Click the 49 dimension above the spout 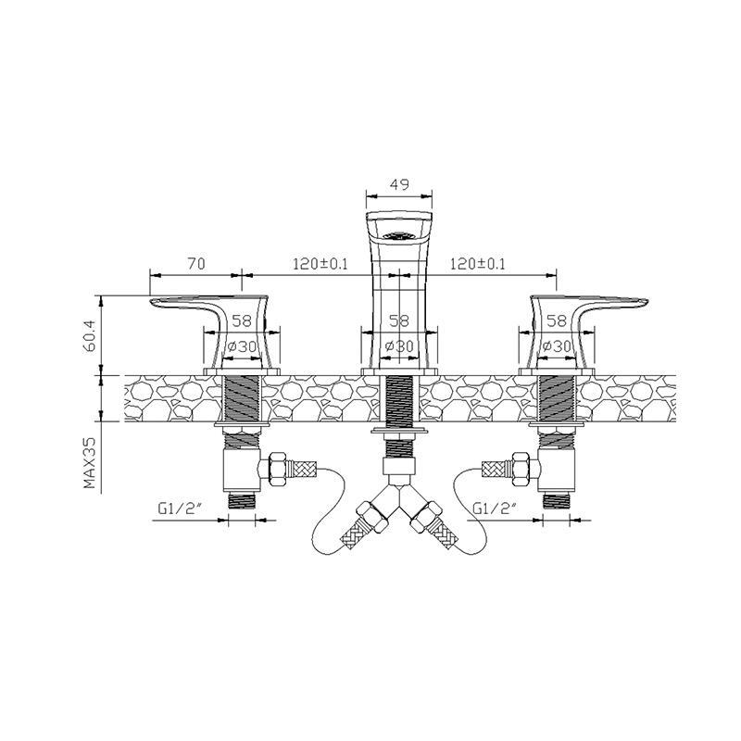399,183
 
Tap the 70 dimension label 196,263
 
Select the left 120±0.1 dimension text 320,263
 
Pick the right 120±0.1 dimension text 477,263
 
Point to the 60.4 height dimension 90,336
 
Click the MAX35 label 89,462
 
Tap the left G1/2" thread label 180,509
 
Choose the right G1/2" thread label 495,509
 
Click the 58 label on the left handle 242,321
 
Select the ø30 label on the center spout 399,346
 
